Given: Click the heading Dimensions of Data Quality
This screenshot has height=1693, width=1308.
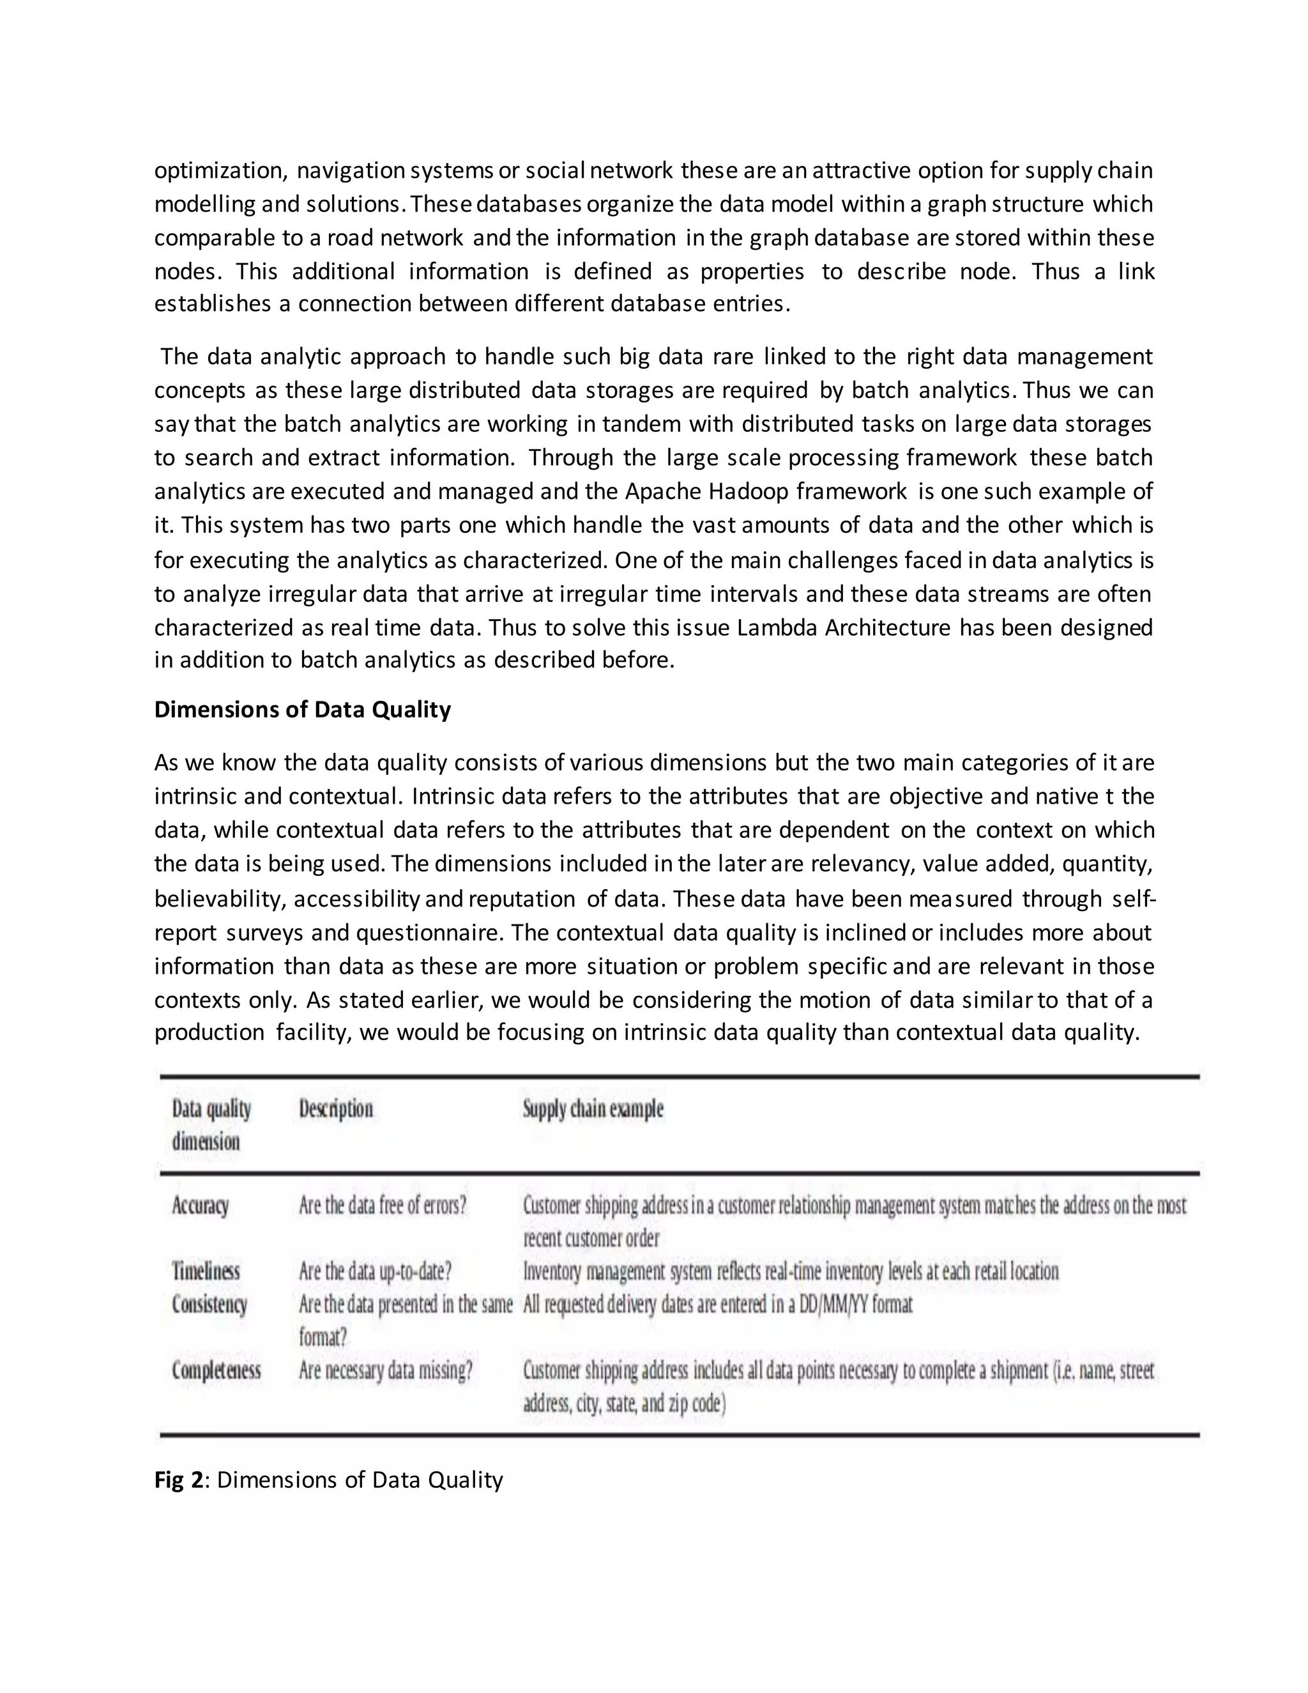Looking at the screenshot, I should pos(302,710).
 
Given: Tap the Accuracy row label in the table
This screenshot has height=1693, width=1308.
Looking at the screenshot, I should pos(200,1206).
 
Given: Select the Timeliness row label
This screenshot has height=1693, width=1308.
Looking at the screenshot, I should pos(206,1271).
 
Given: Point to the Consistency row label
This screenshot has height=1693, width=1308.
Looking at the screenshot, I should pos(209,1305).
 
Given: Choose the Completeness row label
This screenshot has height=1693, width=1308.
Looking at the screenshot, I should pos(217,1370).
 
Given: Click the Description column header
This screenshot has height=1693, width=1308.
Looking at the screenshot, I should pos(335,1108).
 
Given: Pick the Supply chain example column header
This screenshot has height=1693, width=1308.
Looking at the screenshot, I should pos(593,1108).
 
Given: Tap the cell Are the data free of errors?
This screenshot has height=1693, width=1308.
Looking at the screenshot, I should pos(383,1206).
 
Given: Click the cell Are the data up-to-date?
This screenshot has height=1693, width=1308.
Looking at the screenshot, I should pos(375,1271).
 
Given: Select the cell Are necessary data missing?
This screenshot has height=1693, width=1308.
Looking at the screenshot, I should pos(385,1370).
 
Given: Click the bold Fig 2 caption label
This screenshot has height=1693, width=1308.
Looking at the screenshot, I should pos(178,1480).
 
